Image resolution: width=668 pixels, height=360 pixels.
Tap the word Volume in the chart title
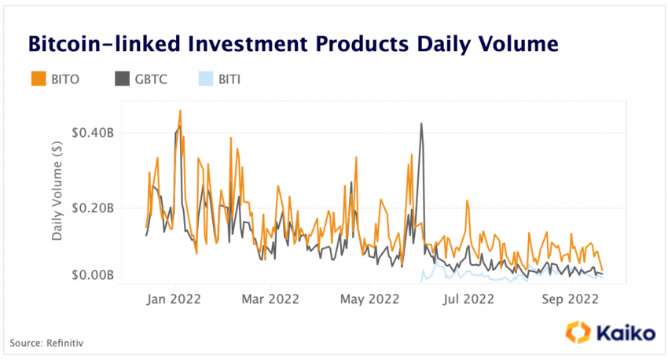click(x=519, y=44)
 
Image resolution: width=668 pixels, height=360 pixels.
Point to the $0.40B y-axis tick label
click(x=93, y=133)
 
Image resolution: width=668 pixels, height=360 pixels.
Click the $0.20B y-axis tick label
click(x=93, y=208)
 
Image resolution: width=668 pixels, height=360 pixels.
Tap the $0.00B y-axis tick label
click(x=93, y=276)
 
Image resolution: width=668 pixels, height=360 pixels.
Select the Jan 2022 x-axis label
click(x=175, y=299)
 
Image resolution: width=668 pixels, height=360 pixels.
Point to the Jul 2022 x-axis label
click(x=469, y=299)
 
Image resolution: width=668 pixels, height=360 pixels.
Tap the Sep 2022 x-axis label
click(x=567, y=299)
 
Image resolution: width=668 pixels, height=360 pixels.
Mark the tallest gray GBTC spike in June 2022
click(x=421, y=124)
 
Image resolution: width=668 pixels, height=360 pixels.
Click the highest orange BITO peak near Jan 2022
click(x=180, y=112)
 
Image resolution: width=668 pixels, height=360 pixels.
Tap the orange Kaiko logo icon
click(x=579, y=332)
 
